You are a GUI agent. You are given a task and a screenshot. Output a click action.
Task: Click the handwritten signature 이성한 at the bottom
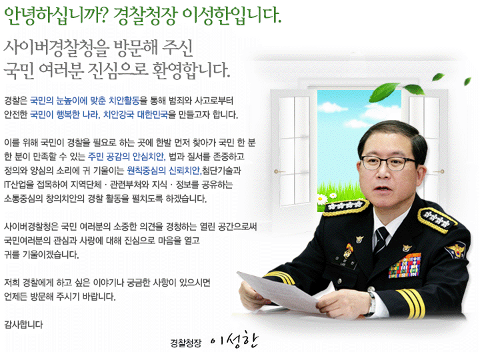(x=234, y=340)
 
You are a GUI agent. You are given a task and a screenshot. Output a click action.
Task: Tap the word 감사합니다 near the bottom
(x=23, y=325)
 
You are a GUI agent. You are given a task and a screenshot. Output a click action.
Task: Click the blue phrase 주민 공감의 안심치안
(x=127, y=157)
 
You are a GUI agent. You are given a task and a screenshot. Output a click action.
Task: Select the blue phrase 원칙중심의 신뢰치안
(x=164, y=171)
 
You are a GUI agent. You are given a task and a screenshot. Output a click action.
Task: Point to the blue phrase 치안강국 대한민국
(x=135, y=115)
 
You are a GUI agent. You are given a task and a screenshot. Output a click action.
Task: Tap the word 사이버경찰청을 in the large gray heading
(x=57, y=49)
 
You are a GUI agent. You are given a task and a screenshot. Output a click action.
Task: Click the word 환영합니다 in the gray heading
(x=191, y=70)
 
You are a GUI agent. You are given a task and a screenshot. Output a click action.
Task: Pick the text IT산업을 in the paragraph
(x=19, y=185)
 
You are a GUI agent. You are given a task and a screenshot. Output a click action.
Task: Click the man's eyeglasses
(x=389, y=163)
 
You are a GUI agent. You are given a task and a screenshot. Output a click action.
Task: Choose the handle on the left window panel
(x=279, y=171)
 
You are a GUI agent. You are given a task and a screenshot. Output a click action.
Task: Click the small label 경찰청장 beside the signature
(x=186, y=343)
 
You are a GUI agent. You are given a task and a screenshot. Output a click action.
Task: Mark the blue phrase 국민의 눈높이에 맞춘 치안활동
(x=85, y=101)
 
